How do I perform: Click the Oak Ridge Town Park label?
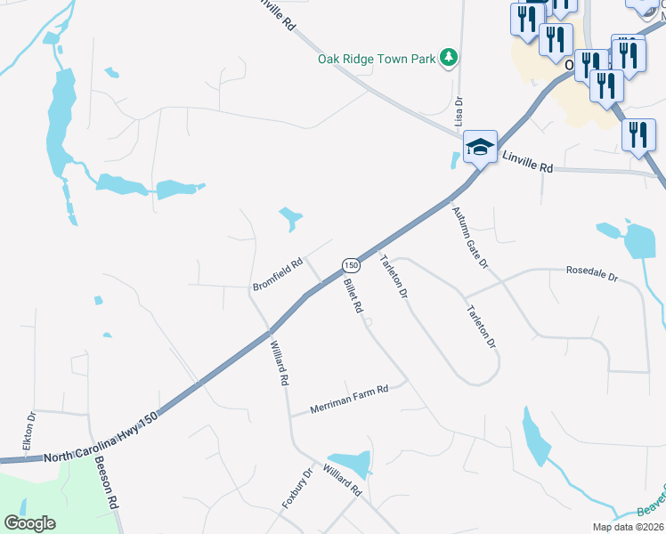point(378,60)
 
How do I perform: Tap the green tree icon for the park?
point(450,59)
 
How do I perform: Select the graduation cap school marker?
point(480,147)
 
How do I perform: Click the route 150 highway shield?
point(351,265)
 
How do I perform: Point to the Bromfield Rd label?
point(278,274)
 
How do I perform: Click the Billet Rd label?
point(353,295)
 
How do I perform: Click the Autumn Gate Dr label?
point(470,238)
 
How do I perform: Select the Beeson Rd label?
point(106,482)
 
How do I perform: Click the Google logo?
point(30,523)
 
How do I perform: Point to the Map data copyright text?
point(629,527)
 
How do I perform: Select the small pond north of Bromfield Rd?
point(290,218)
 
